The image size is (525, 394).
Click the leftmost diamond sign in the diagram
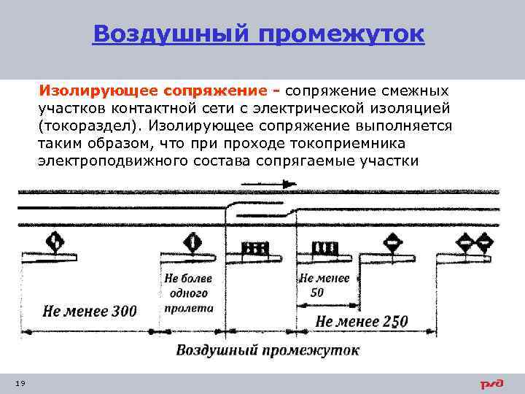click(x=56, y=240)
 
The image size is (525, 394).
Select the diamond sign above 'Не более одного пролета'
click(x=192, y=240)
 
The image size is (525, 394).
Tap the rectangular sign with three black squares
click(x=255, y=248)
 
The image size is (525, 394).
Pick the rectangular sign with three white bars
click(x=323, y=248)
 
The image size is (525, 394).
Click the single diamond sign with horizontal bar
click(x=393, y=241)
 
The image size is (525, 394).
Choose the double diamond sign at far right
click(x=475, y=241)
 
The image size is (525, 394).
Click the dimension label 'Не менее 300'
click(x=90, y=312)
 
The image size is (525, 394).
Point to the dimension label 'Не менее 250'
click(x=362, y=321)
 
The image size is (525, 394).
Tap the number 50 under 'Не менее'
click(x=316, y=293)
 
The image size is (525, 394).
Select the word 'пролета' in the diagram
click(x=188, y=308)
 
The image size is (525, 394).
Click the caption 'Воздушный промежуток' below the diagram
click(x=267, y=351)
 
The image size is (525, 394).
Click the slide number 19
click(x=19, y=383)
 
